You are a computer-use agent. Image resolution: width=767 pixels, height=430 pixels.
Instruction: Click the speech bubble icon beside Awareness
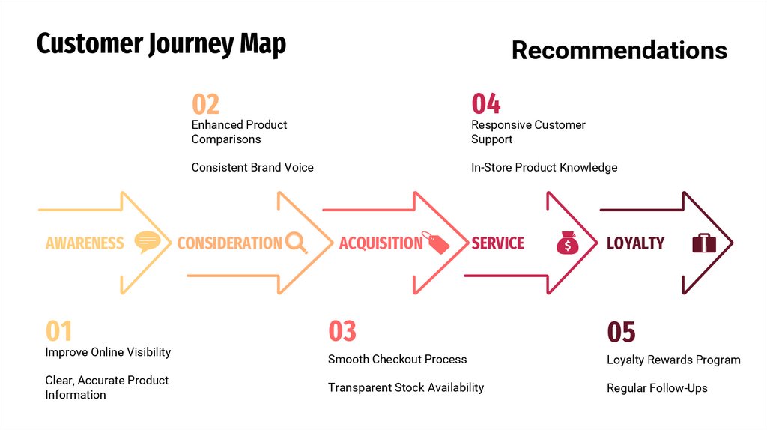147,242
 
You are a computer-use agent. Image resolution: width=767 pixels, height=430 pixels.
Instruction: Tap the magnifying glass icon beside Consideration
296,242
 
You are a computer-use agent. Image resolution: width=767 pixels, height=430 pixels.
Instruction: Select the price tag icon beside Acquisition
435,242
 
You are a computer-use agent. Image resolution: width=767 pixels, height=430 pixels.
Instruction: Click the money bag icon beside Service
567,242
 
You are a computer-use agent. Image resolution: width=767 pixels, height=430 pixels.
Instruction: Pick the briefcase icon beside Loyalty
703,242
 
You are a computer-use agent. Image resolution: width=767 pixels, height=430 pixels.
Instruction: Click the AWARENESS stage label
85,243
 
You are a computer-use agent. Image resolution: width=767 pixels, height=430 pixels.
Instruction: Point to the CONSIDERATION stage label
229,243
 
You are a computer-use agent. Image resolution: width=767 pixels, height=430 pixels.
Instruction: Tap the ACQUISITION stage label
381,243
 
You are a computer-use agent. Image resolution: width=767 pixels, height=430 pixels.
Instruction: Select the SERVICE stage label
497,243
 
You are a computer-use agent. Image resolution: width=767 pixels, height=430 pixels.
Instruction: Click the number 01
59,331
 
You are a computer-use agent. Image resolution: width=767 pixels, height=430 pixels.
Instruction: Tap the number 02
205,103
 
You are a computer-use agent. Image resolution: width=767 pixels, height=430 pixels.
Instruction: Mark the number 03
342,331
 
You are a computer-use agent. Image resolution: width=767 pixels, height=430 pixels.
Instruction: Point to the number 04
485,103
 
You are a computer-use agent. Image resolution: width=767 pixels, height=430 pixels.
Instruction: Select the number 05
621,332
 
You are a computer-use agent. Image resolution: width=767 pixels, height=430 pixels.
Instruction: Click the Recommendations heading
619,50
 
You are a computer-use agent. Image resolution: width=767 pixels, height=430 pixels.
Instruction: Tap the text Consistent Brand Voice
252,167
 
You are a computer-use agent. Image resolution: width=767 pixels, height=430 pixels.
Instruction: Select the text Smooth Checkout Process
397,360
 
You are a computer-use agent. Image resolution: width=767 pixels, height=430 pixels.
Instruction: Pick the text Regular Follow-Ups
657,388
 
